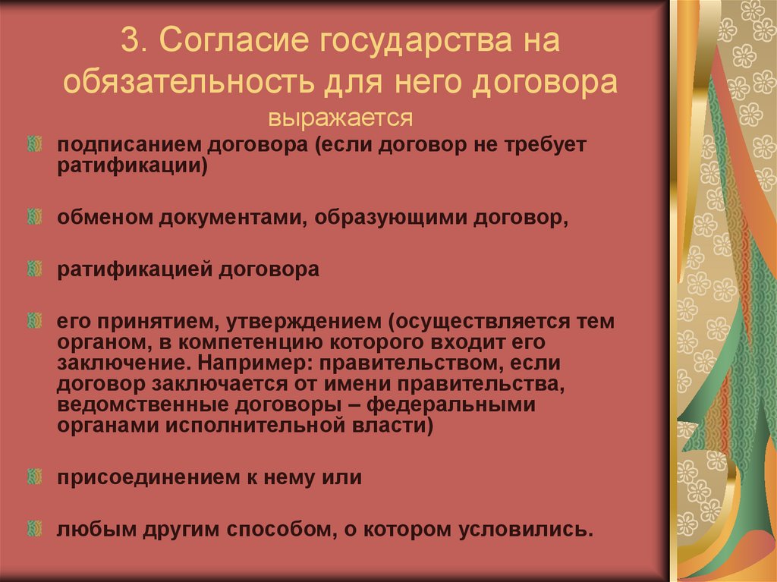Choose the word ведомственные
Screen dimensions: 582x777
coord(138,404)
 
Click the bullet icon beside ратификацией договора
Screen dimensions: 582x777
coord(34,269)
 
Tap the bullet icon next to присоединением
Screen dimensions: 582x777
coord(34,477)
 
